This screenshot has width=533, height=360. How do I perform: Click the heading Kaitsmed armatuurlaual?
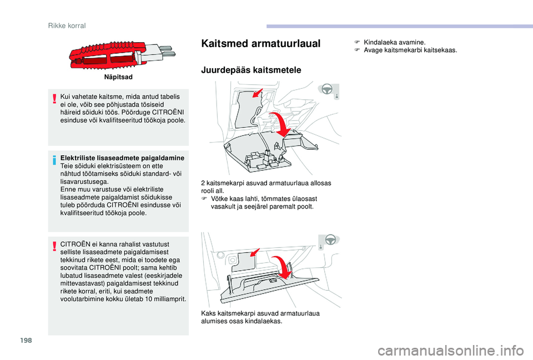tap(261, 43)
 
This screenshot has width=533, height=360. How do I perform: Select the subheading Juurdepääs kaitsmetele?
tap(251, 70)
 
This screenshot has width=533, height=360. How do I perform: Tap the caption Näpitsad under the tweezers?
tap(118, 77)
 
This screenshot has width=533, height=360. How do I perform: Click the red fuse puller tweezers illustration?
tap(122, 56)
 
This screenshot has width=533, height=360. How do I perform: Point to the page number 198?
tap(26, 340)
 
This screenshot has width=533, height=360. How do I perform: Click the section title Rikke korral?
tap(67, 26)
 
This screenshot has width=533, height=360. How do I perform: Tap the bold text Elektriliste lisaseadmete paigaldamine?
tap(122, 158)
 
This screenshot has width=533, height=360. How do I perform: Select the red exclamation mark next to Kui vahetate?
tap(54, 99)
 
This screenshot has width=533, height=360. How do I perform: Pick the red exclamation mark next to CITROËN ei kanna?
tap(54, 246)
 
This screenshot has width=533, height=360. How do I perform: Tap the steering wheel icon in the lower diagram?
tap(330, 240)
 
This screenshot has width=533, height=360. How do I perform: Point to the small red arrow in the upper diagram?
tap(258, 93)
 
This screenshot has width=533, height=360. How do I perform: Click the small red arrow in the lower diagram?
tap(255, 253)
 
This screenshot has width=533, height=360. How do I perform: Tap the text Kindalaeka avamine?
tap(394, 43)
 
